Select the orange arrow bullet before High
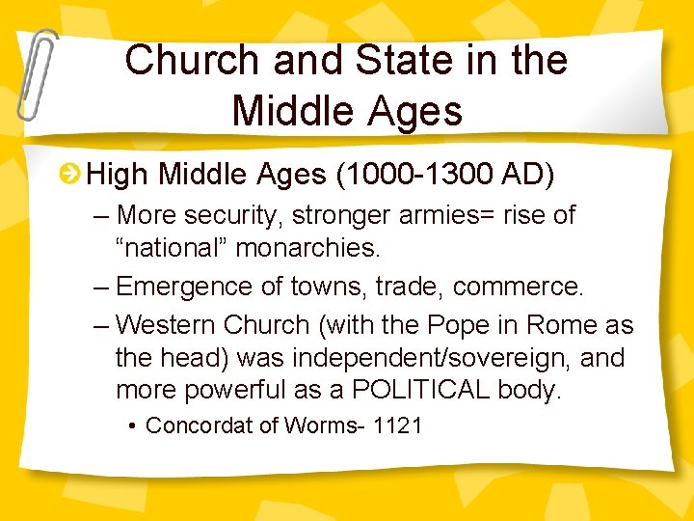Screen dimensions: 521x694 point(69,175)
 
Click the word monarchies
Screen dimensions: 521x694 point(308,247)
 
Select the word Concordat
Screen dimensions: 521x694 point(200,425)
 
